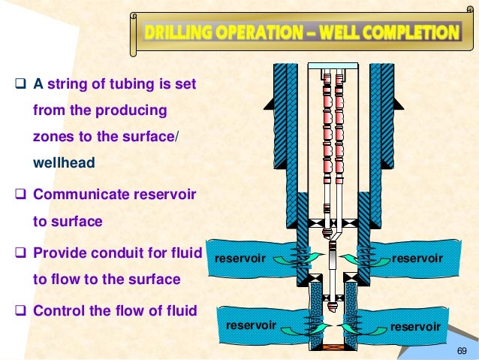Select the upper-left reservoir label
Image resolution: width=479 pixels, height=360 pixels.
[x=240, y=259]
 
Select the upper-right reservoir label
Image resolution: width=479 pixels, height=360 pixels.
[x=417, y=258]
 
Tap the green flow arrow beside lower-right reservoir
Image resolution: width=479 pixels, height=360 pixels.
[x=353, y=327]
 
